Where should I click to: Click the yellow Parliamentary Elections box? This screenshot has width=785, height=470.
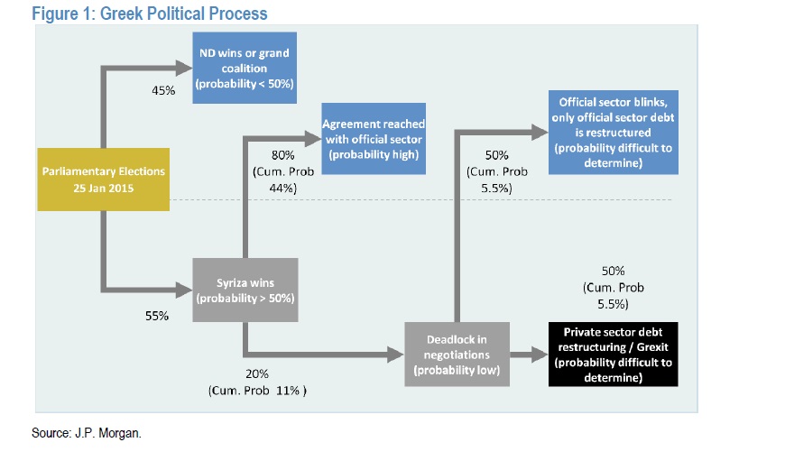click(x=104, y=179)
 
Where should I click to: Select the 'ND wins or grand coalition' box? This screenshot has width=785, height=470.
click(x=244, y=68)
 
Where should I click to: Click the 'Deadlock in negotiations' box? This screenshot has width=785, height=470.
click(x=456, y=355)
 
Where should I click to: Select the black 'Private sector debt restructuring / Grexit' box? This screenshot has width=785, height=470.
click(x=613, y=355)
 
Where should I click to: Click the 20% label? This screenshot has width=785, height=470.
click(x=257, y=373)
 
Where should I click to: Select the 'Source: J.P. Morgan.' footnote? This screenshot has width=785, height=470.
click(x=87, y=433)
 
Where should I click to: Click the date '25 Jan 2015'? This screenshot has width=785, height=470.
click(x=104, y=188)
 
